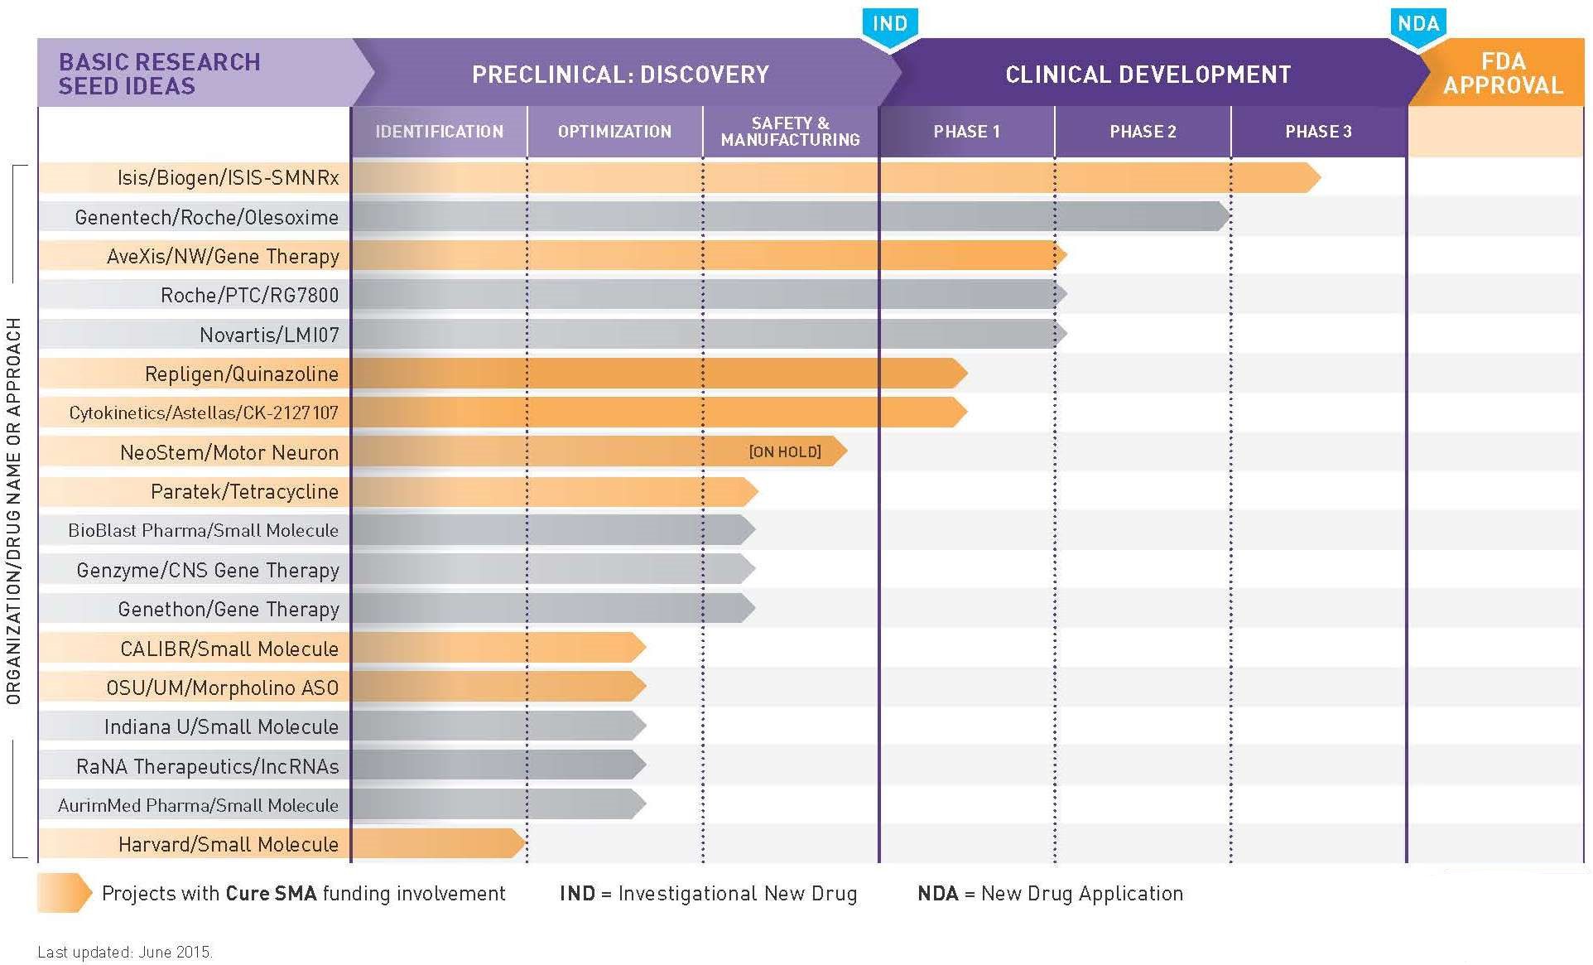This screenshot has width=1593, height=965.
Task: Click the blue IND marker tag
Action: point(890,25)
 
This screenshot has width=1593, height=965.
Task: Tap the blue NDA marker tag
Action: point(1417,25)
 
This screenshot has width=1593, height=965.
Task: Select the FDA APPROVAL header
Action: point(1502,74)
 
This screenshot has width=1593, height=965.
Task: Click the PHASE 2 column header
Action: point(1143,132)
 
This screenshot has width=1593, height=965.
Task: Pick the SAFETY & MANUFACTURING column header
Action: point(790,132)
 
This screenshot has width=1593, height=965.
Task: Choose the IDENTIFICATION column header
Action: point(439,132)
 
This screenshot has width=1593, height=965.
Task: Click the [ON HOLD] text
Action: point(784,451)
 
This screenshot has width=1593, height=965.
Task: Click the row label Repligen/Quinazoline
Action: point(241,374)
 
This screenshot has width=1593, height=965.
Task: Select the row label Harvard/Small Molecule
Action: point(228,844)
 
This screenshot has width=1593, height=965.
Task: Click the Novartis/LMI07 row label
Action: point(269,335)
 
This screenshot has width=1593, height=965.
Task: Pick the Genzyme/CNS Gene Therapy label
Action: point(207,570)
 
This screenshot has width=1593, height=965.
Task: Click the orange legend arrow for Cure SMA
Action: point(64,893)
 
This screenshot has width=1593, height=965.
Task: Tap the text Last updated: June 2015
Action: point(125,952)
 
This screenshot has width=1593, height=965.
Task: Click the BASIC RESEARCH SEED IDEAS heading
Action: point(160,74)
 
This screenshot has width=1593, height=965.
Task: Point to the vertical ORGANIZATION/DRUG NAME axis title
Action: point(14,511)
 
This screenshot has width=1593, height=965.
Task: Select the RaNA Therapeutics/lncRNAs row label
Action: point(207,766)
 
